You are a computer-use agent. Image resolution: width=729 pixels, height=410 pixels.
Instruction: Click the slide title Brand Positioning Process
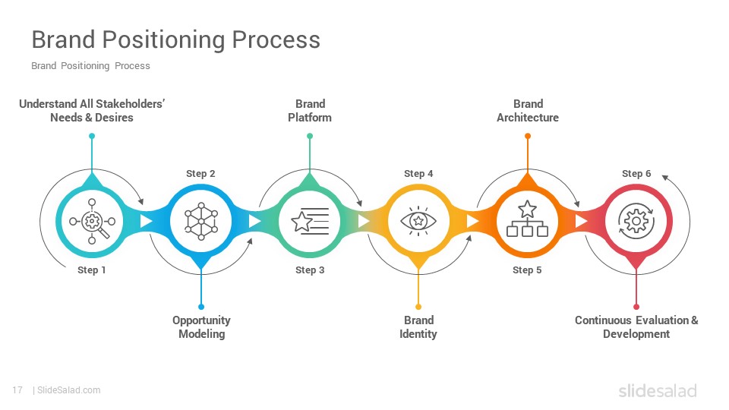175,39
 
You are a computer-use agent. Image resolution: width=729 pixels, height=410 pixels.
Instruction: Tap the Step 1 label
92,270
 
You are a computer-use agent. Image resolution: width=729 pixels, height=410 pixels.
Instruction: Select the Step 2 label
200,174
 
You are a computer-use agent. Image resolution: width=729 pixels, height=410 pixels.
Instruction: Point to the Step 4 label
418,174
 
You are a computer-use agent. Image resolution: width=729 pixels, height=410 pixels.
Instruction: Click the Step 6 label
636,174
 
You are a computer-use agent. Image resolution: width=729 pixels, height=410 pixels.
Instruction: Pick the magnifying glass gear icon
92,221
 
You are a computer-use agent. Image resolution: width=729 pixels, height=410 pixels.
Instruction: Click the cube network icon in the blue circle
200,221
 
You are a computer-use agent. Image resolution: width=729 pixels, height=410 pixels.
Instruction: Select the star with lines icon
309,221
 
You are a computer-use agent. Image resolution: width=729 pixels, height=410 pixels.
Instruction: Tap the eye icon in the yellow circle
418,221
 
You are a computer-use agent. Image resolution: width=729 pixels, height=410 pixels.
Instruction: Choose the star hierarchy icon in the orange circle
527,221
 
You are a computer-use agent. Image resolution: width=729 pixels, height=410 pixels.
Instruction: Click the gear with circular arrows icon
636,221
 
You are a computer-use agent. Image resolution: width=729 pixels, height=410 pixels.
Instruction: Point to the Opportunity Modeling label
201,327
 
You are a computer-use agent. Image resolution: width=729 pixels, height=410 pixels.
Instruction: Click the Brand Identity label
418,327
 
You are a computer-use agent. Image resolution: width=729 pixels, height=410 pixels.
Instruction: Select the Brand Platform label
309,111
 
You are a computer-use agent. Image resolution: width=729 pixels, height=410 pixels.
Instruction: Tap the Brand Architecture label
528,111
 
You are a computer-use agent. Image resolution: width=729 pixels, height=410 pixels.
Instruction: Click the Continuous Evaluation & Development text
636,327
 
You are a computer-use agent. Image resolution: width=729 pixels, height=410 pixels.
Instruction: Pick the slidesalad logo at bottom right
657,391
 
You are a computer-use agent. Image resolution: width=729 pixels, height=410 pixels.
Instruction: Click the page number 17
17,390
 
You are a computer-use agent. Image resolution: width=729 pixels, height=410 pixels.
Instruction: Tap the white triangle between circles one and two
147,221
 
